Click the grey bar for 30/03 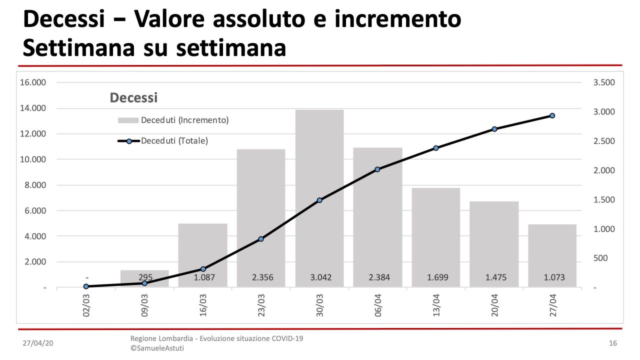point(319,150)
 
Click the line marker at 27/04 point(552,115)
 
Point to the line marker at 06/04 point(377,169)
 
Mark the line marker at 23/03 point(261,239)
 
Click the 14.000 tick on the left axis point(33,108)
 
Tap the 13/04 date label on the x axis point(436,304)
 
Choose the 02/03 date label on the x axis point(86,304)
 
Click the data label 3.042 point(319,277)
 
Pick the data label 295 point(145,277)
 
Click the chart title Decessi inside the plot point(133,97)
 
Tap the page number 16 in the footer point(613,343)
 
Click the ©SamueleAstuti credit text point(157,348)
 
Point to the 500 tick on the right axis point(600,258)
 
